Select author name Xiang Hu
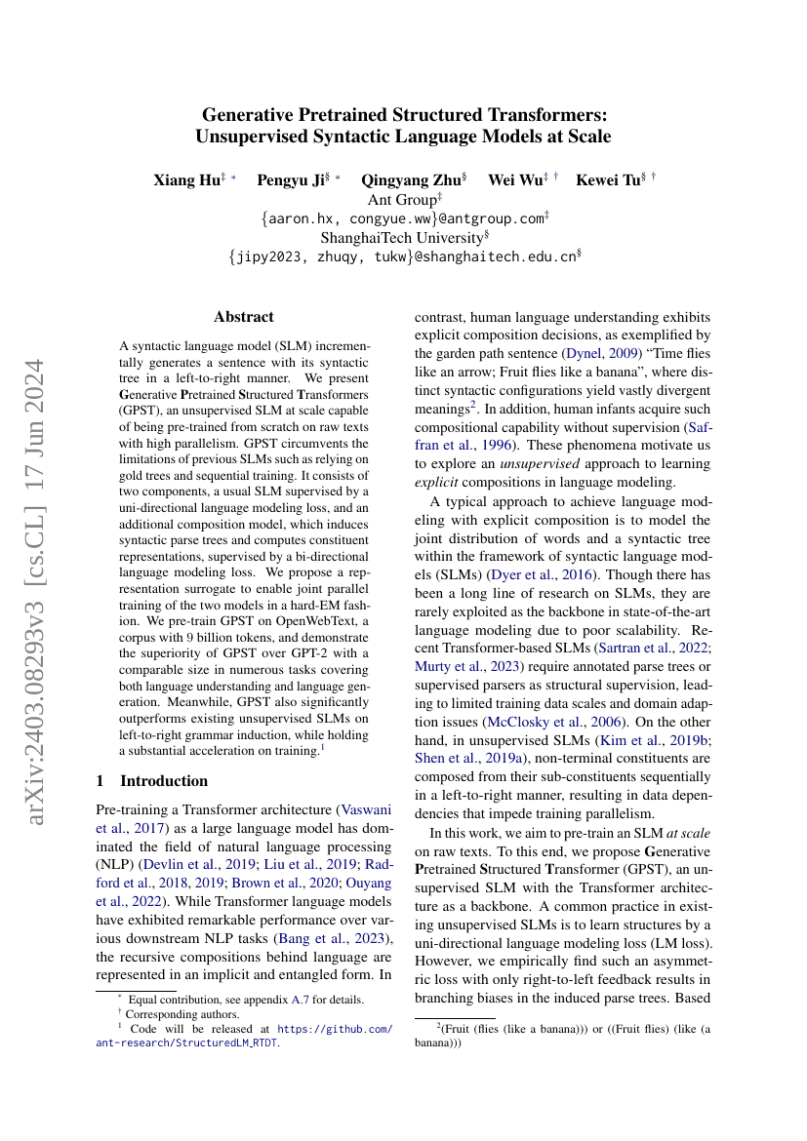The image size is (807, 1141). [x=186, y=179]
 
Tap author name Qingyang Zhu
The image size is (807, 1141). [x=400, y=179]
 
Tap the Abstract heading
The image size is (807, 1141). [x=244, y=317]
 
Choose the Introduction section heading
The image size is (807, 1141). [x=163, y=780]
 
